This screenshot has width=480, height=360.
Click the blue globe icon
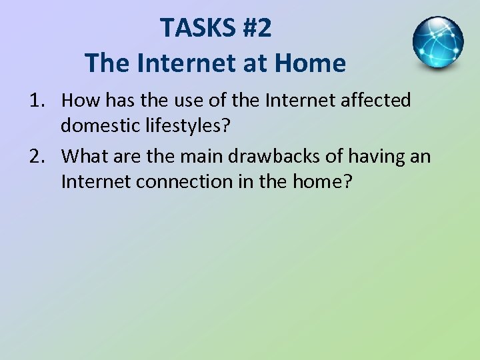coord(438,43)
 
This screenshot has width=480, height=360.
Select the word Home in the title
coord(311,64)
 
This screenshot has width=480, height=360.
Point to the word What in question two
coord(85,157)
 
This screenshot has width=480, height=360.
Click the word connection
coord(191,182)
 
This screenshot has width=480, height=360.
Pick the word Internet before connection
coord(97,182)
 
